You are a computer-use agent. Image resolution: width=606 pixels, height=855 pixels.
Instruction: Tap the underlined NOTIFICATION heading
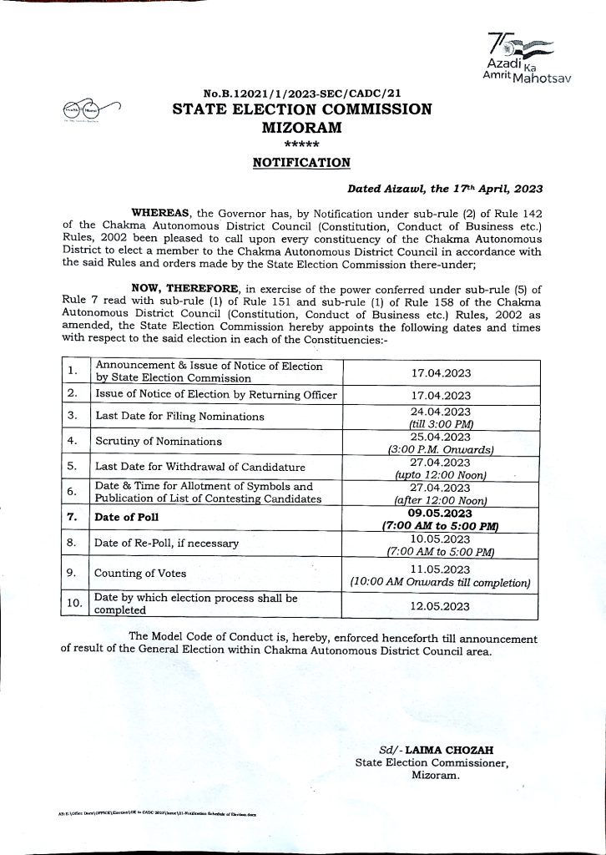tap(302, 162)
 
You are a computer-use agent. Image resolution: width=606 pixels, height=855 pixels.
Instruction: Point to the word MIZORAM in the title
tap(302, 127)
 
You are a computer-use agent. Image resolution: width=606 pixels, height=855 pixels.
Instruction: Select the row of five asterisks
tap(302, 144)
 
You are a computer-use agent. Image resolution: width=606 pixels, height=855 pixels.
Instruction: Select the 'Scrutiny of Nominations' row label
tap(159, 441)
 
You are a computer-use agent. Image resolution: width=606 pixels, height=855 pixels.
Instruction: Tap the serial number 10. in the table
tap(74, 604)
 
